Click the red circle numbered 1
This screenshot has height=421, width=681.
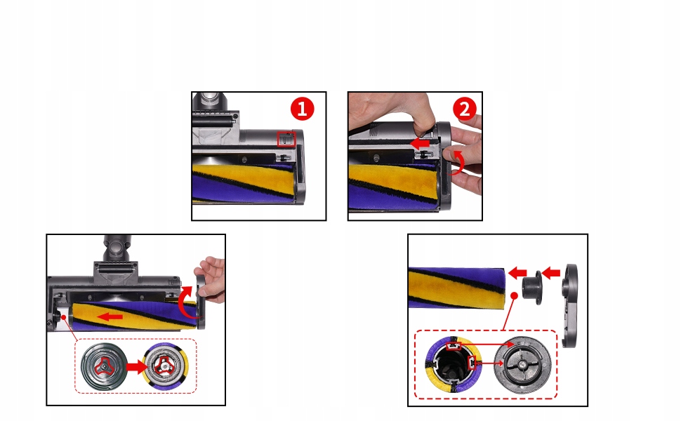click(x=302, y=109)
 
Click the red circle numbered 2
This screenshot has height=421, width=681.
click(x=464, y=109)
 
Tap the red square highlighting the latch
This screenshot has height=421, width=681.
click(x=286, y=140)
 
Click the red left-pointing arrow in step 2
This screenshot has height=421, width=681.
click(x=420, y=143)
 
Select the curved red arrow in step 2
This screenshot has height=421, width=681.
click(x=458, y=163)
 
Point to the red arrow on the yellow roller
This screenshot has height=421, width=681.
click(x=110, y=317)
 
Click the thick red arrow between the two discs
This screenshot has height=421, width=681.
click(x=136, y=367)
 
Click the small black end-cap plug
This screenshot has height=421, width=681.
click(x=532, y=287)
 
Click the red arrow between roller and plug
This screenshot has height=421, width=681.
click(x=517, y=274)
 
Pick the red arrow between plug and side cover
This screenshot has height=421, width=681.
click(x=550, y=273)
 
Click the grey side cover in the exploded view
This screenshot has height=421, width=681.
click(x=569, y=305)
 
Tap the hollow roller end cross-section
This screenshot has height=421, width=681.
click(x=451, y=363)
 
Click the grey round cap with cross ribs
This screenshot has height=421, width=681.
click(x=523, y=365)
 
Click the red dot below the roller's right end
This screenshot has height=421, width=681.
click(x=514, y=295)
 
